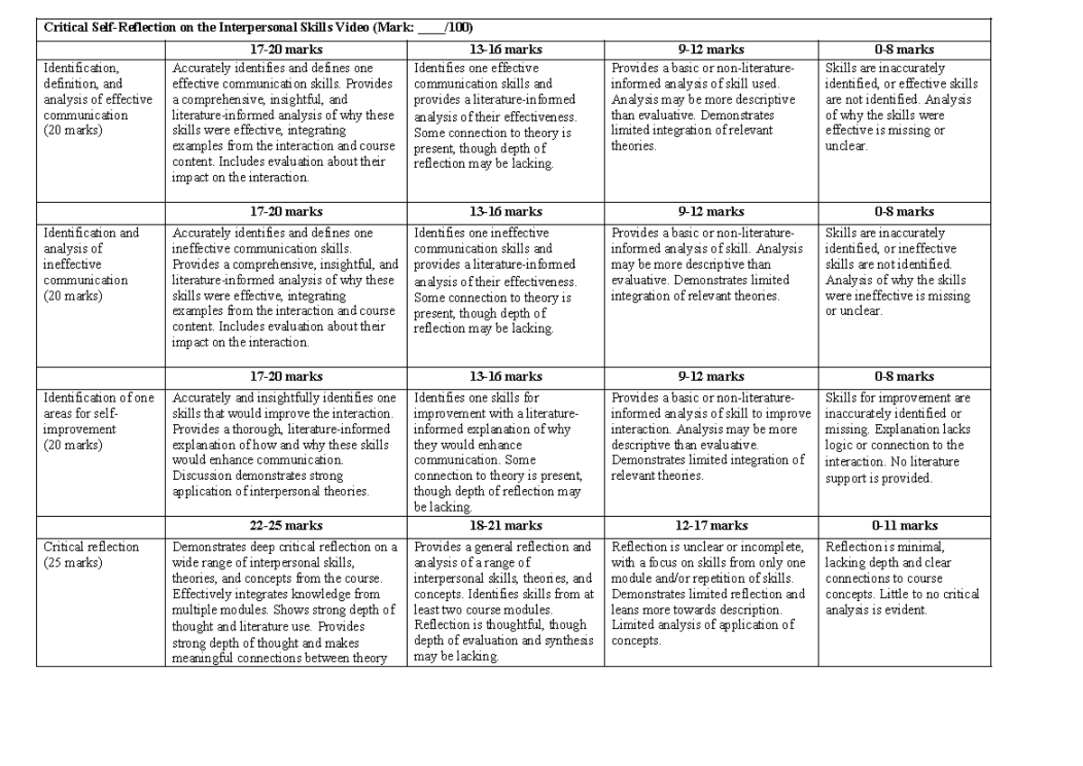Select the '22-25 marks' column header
click(x=286, y=525)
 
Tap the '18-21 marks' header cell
click(x=505, y=525)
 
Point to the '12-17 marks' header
click(x=711, y=525)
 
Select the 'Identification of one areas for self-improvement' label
click(x=99, y=420)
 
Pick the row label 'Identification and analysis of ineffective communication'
click(x=91, y=263)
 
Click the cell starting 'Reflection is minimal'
click(x=902, y=578)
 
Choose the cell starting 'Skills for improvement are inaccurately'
click(x=899, y=438)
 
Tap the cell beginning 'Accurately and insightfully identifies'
click(x=285, y=445)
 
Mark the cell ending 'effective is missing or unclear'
click(x=899, y=106)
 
